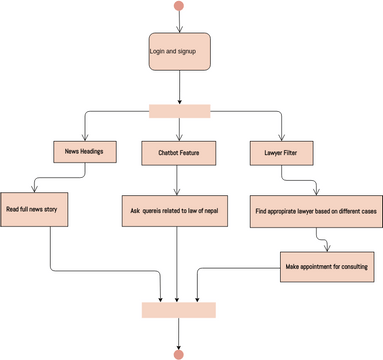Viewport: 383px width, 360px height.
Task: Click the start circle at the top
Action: [x=179, y=6]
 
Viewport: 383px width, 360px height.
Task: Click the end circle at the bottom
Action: [x=179, y=354]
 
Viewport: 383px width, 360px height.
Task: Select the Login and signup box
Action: [x=179, y=50]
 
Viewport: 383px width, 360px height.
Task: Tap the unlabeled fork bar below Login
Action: [x=179, y=110]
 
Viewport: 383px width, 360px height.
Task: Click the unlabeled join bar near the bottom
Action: [x=179, y=310]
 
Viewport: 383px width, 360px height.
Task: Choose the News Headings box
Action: [x=85, y=152]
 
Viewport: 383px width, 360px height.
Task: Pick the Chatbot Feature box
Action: [x=179, y=153]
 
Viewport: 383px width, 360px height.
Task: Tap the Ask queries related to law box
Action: [x=179, y=210]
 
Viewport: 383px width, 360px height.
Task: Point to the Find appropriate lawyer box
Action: [x=316, y=210]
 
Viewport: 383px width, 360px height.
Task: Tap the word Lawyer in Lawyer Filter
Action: [x=271, y=152]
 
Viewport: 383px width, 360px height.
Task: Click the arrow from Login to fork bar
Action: [x=179, y=87]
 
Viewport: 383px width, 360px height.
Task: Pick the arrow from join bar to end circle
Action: [x=179, y=333]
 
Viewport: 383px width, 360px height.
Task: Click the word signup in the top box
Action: [x=188, y=49]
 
